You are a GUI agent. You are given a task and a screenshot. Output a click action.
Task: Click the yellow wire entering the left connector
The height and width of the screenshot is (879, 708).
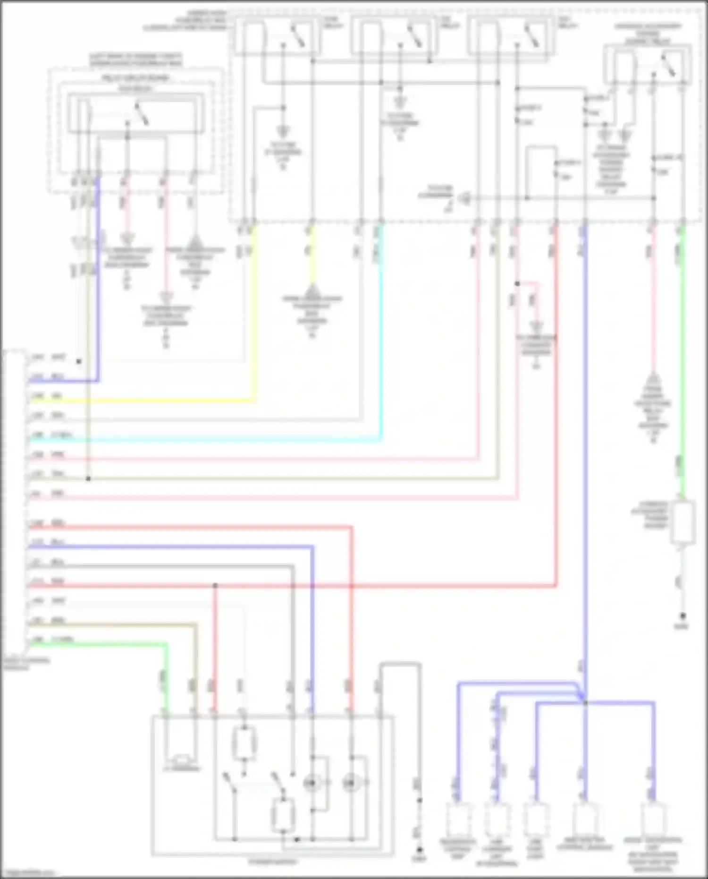pos(142,401)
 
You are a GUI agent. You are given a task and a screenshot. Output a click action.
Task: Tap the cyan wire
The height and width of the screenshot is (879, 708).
pos(212,440)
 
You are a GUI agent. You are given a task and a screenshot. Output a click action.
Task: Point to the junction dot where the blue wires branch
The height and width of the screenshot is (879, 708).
pos(585,703)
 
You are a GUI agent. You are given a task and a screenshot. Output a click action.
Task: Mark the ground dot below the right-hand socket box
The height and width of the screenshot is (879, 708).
pos(683,616)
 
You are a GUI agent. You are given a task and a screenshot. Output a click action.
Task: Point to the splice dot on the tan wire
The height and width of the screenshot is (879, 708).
pos(88,478)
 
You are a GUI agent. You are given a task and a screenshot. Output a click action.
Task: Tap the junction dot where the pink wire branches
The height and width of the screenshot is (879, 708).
pos(517,284)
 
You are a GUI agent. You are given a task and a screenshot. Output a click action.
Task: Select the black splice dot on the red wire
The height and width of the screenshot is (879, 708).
pos(215,586)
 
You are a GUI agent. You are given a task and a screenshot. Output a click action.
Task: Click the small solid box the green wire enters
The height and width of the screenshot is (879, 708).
pos(683,522)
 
